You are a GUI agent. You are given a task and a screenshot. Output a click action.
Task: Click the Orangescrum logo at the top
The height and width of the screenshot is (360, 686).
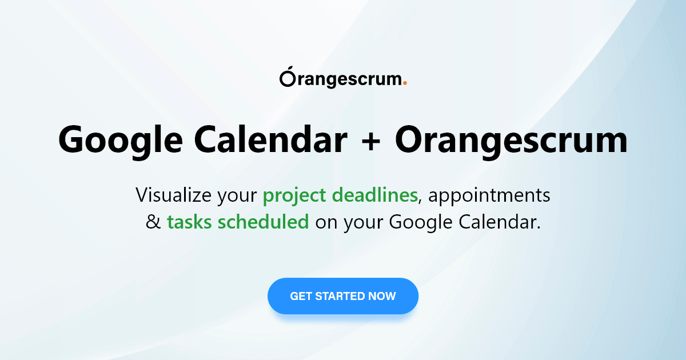click(x=343, y=77)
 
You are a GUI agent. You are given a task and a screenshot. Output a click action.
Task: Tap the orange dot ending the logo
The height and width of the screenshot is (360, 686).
click(x=405, y=83)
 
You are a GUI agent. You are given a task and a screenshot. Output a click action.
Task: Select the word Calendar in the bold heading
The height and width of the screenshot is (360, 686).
click(x=271, y=139)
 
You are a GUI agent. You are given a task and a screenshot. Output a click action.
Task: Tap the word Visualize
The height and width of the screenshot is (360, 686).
click(x=174, y=195)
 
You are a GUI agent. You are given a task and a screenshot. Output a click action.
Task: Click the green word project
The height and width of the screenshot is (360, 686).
click(x=294, y=196)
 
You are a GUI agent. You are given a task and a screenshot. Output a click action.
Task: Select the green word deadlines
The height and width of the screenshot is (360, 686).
click(x=375, y=195)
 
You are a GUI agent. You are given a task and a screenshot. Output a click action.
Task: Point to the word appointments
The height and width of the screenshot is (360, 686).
click(x=489, y=196)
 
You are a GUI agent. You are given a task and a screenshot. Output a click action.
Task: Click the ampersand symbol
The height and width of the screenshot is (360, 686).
click(x=153, y=222)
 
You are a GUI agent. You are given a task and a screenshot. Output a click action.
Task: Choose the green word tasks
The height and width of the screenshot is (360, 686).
click(x=189, y=222)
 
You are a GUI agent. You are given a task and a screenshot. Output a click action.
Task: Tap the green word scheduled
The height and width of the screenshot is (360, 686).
click(x=264, y=222)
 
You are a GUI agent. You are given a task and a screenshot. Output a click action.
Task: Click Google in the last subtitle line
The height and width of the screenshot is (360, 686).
click(x=421, y=223)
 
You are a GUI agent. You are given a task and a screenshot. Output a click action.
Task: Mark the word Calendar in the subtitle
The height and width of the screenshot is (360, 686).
click(x=500, y=222)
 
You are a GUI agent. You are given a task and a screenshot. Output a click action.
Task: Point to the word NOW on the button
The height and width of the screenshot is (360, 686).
click(x=382, y=296)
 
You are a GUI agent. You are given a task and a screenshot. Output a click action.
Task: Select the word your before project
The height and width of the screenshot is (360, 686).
click(x=237, y=198)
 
